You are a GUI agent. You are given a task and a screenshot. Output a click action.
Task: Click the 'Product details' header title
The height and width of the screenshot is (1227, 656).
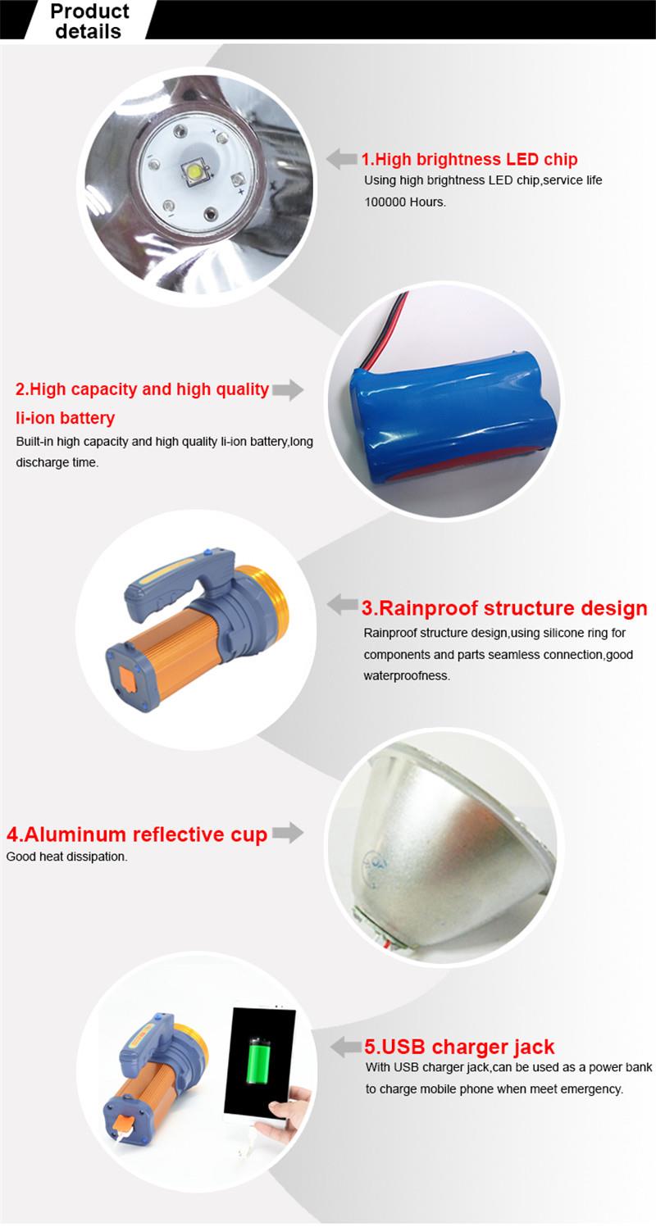click(x=89, y=21)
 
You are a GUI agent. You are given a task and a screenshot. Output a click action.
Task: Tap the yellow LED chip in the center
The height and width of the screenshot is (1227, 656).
click(x=195, y=173)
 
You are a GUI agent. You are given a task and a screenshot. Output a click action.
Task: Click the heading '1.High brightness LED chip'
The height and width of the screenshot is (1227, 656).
click(x=469, y=159)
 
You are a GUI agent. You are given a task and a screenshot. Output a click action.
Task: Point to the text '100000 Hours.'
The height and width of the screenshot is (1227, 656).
click(x=405, y=202)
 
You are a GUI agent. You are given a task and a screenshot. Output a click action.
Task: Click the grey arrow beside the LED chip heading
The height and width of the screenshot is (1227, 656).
click(x=342, y=159)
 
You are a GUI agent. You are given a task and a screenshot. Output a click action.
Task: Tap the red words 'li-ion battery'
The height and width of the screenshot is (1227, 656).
click(x=66, y=418)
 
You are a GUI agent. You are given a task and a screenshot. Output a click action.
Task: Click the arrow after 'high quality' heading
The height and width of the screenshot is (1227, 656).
click(x=288, y=389)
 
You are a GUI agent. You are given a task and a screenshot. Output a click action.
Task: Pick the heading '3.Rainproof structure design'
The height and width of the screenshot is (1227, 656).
click(x=504, y=608)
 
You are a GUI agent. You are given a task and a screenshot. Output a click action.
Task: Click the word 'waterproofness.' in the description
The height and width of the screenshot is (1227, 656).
click(x=407, y=676)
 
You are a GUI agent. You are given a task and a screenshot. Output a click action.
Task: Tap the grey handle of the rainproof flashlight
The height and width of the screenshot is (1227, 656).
click(x=176, y=584)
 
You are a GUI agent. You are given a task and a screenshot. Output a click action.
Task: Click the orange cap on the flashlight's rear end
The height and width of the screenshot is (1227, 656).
click(x=127, y=679)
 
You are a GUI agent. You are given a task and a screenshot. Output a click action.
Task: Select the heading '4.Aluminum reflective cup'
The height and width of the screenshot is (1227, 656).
click(x=137, y=834)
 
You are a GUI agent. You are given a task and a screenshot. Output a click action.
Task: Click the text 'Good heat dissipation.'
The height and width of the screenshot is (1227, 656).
click(x=67, y=857)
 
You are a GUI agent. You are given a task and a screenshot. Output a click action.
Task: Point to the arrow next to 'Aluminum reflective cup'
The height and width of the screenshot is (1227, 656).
click(x=288, y=833)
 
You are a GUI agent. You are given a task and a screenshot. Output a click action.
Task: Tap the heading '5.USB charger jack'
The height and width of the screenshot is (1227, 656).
click(x=459, y=1047)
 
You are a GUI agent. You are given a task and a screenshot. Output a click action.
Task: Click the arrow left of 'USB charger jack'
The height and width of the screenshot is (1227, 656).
click(x=346, y=1047)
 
